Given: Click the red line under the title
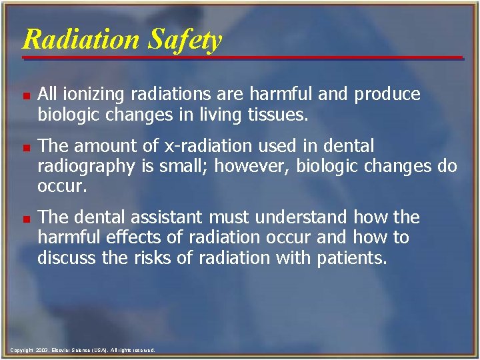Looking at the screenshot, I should (243, 58).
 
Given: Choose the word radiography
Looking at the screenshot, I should (84, 165).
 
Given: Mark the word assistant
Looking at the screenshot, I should (164, 217).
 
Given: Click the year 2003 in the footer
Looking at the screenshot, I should (42, 350).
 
